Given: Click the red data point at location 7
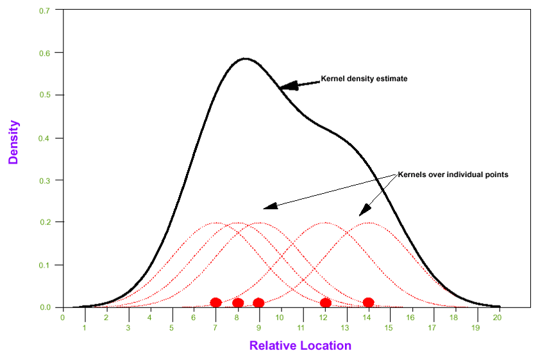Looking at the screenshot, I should [x=215, y=302].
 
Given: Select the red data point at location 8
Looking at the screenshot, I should [x=238, y=303].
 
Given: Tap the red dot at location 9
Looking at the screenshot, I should [x=258, y=303].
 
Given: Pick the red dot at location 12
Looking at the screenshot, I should [x=325, y=302].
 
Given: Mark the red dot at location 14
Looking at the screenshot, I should [x=368, y=302].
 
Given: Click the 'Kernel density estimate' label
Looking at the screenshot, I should [x=364, y=79].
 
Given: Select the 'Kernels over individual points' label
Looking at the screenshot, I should [x=453, y=174].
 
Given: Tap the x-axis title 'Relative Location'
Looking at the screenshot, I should [x=300, y=345].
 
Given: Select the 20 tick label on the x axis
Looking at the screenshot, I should [x=498, y=317].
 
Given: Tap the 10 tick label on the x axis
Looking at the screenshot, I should [x=280, y=317].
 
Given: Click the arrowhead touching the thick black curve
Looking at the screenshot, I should [x=288, y=86].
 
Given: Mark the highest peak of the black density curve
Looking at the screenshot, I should [x=245, y=58].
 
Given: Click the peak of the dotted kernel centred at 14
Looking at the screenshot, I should [x=368, y=223].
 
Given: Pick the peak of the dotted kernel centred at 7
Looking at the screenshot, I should [x=215, y=223].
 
